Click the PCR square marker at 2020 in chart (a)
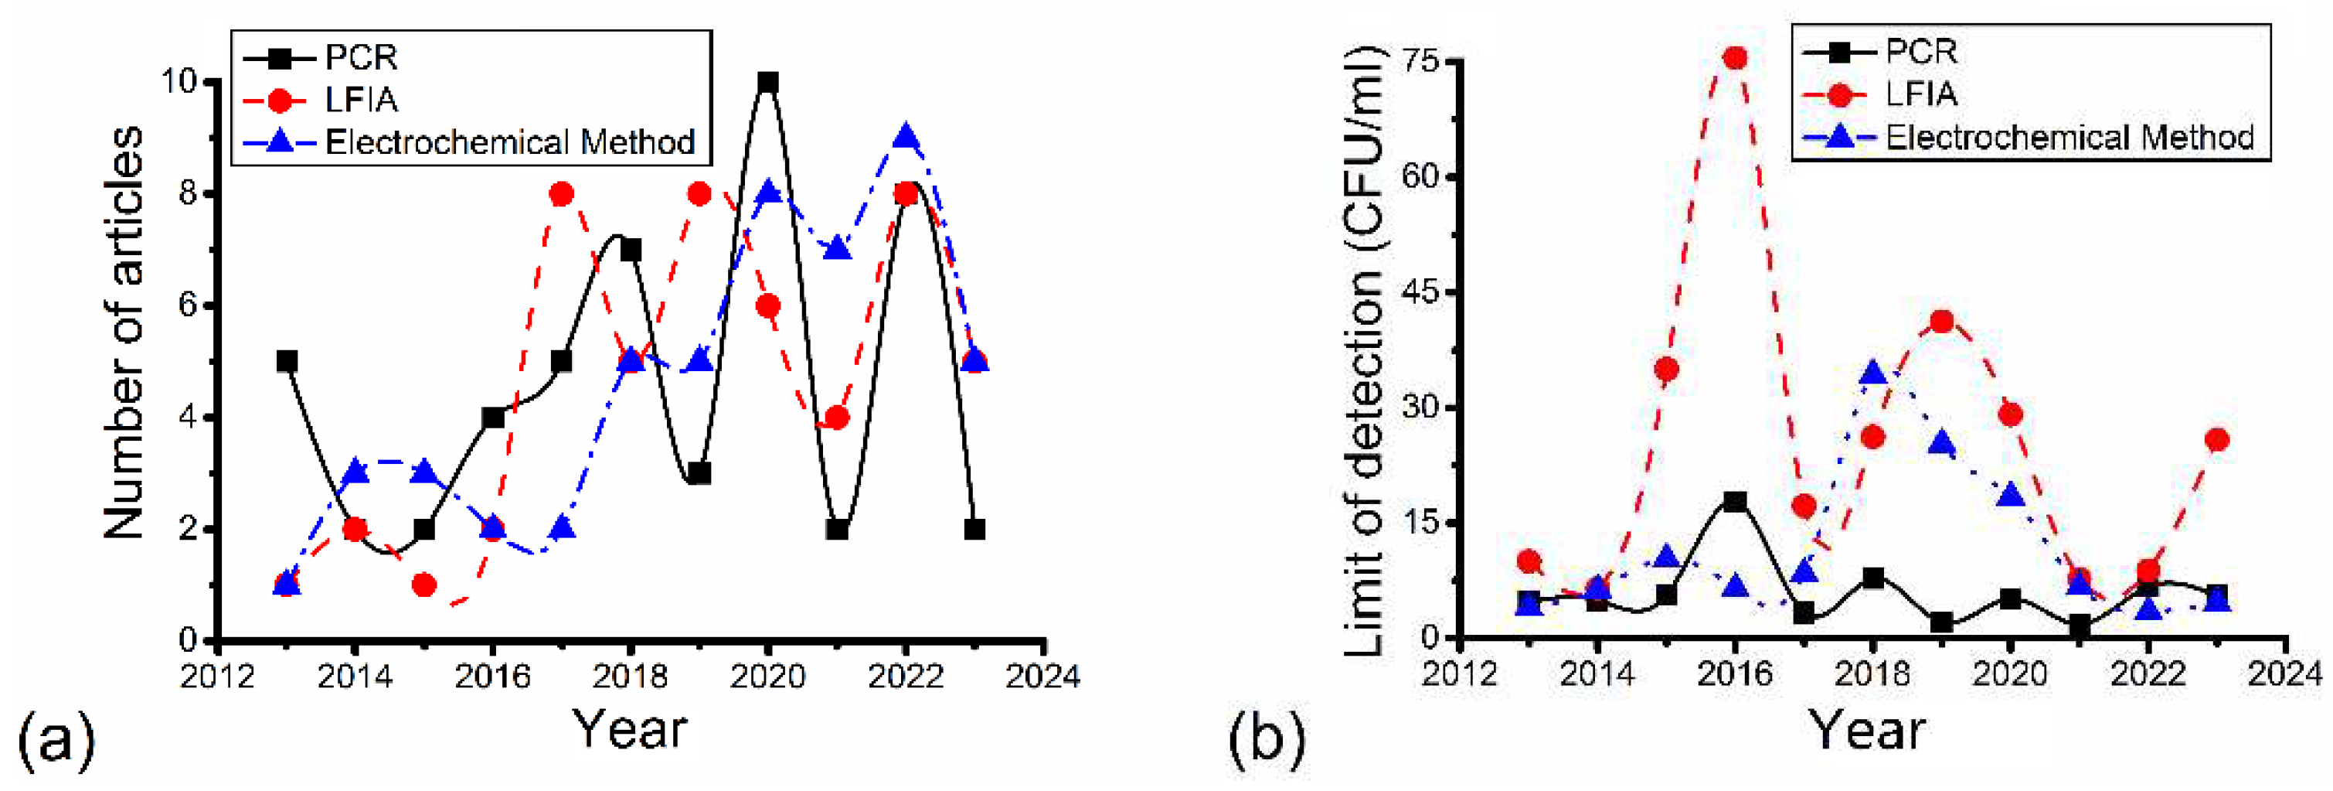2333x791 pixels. (768, 83)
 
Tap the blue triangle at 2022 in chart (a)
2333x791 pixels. (906, 138)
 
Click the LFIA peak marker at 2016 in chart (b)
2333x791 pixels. (1735, 58)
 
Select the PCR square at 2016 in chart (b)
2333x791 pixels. (1735, 501)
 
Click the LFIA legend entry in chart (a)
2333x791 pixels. (360, 100)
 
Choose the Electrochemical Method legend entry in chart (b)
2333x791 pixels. (2069, 138)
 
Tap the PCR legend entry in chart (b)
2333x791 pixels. (1920, 52)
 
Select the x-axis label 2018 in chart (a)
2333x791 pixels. (631, 676)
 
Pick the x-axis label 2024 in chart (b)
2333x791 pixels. (2284, 673)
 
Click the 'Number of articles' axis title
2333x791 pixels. (124, 332)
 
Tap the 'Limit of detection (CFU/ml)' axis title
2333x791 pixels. (1362, 352)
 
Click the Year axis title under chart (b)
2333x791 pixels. (1868, 730)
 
